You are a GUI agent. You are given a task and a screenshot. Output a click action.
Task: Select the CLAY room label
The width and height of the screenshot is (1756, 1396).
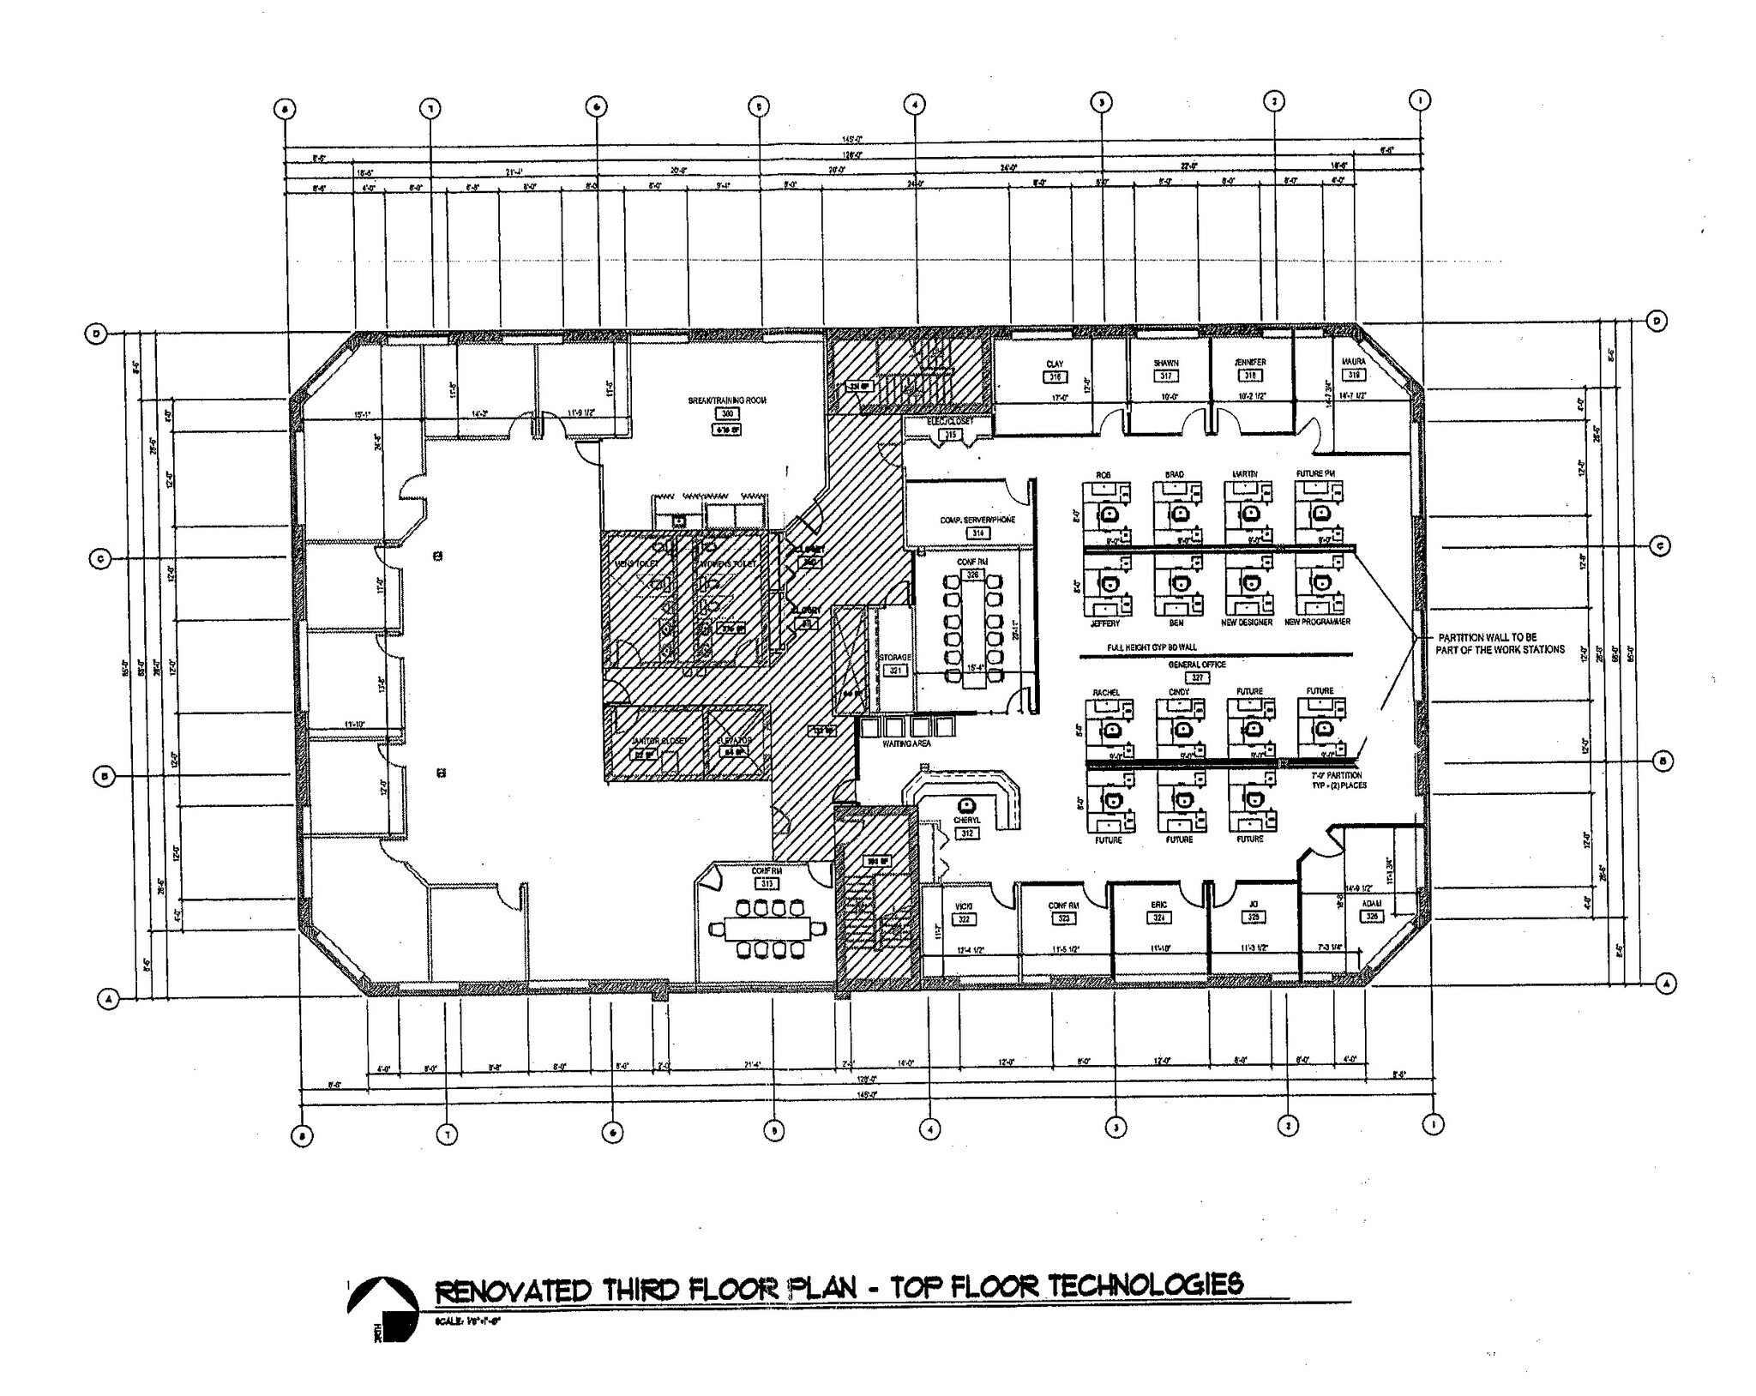[1054, 364]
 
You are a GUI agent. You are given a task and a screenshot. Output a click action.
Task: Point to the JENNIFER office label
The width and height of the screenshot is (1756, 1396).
[1250, 363]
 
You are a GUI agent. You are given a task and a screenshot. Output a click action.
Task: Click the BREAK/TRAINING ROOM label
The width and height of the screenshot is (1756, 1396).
[727, 400]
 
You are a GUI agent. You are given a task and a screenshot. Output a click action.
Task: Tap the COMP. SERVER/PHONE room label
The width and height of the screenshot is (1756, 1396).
[977, 520]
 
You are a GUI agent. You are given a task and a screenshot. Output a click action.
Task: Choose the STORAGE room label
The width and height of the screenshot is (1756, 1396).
[894, 658]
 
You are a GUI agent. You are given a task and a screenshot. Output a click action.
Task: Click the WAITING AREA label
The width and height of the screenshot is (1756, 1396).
[906, 743]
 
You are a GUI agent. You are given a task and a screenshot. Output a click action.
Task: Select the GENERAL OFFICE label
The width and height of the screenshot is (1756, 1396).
[1197, 665]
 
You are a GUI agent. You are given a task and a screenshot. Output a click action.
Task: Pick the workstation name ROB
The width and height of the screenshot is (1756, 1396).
[1104, 474]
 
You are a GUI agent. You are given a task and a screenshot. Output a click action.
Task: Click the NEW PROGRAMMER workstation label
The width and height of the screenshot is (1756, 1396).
[1317, 622]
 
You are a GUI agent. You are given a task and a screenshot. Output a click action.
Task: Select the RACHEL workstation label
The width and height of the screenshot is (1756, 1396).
[1106, 692]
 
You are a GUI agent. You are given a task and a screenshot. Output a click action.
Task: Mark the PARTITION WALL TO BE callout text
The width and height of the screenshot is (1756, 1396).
[1486, 638]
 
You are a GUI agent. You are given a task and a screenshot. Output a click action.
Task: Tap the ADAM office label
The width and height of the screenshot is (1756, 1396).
[1371, 904]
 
